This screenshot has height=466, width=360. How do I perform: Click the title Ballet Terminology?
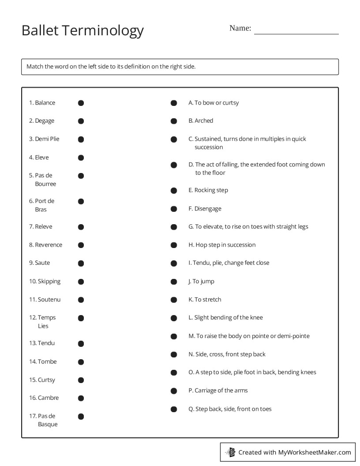click(x=82, y=30)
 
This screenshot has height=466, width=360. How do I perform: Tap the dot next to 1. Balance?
click(x=81, y=103)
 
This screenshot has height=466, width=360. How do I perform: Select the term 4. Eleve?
click(x=39, y=158)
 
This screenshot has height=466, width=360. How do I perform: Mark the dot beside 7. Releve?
click(x=81, y=227)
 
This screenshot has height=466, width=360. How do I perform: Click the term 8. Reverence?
click(x=45, y=245)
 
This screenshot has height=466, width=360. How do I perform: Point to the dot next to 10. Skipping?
click(x=81, y=282)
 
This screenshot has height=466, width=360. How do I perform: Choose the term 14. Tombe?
click(x=43, y=362)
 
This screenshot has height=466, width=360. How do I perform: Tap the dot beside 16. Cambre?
click(x=81, y=398)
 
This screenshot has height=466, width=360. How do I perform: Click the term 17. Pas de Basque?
click(x=43, y=420)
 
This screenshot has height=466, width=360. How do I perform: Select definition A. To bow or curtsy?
click(x=214, y=103)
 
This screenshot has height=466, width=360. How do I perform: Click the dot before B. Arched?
click(x=174, y=121)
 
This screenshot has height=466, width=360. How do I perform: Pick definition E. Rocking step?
click(x=208, y=190)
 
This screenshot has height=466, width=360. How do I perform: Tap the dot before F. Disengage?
click(x=174, y=209)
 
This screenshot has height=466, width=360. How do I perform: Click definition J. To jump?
click(x=201, y=282)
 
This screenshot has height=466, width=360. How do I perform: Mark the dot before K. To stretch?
click(x=174, y=300)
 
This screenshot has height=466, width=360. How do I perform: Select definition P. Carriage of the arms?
click(x=218, y=391)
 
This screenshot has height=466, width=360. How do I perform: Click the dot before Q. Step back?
click(x=174, y=409)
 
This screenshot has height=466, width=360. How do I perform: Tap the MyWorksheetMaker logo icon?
click(x=230, y=452)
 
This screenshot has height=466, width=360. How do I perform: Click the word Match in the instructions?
click(x=35, y=67)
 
